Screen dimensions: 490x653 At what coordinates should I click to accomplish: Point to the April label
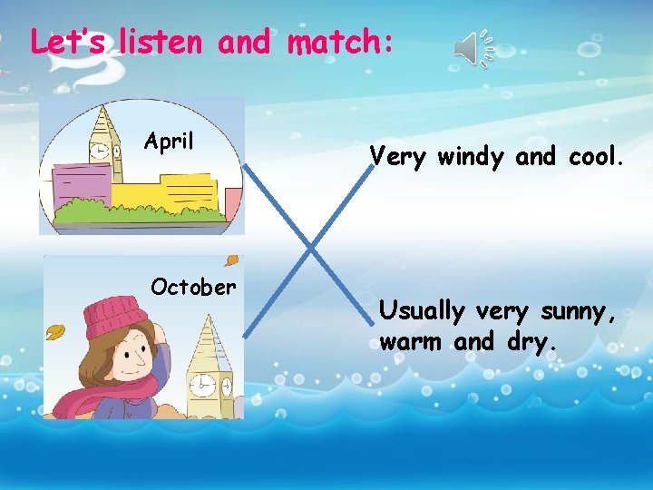click(x=169, y=142)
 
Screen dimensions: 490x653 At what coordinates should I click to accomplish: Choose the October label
click(x=193, y=288)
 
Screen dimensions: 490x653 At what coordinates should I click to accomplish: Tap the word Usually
click(x=421, y=311)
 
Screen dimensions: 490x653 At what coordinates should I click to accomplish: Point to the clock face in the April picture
click(x=97, y=151)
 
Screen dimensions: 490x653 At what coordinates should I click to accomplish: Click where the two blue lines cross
click(x=309, y=247)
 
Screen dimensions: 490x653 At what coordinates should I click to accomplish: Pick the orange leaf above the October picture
click(x=232, y=260)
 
